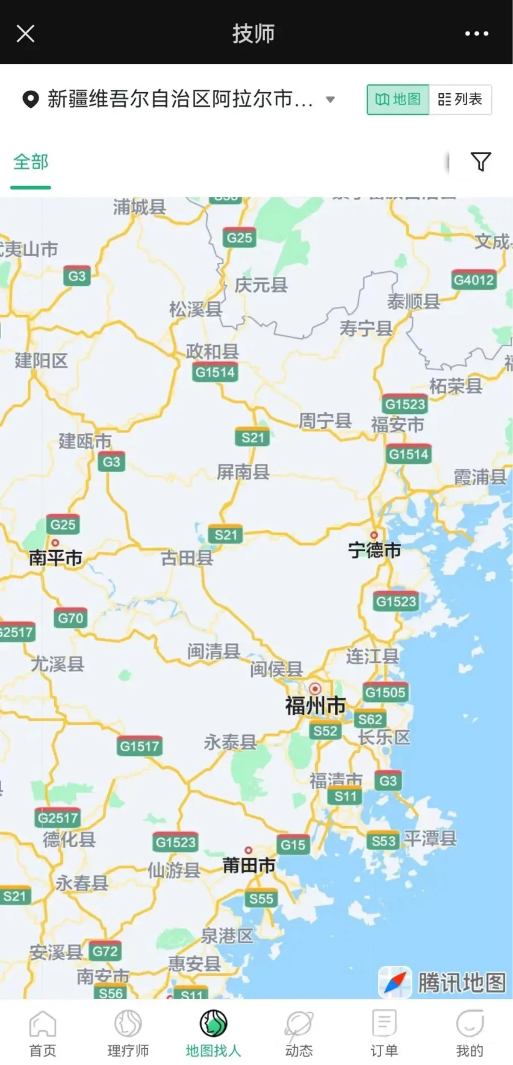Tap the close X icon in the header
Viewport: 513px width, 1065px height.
[x=25, y=33]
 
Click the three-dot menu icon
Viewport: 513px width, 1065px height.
[x=477, y=33]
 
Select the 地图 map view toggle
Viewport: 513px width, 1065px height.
[x=398, y=99]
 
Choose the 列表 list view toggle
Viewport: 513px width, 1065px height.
[x=460, y=99]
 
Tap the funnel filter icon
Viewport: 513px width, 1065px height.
[x=481, y=161]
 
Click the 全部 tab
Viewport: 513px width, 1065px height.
[x=31, y=162]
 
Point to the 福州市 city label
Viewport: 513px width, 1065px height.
[x=315, y=705]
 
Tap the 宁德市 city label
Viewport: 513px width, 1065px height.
[x=374, y=550]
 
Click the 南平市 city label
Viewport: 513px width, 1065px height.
[x=56, y=558]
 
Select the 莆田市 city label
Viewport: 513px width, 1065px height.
[x=249, y=866]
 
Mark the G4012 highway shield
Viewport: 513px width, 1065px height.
[x=474, y=280]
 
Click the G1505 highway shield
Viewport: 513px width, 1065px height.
[x=385, y=692]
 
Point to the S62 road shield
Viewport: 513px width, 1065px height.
[x=370, y=720]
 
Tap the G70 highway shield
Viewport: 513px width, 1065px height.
[x=71, y=618]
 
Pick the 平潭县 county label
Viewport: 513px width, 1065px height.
[x=430, y=839]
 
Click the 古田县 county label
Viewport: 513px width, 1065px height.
[x=187, y=558]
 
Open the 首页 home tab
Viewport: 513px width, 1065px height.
[x=43, y=1033]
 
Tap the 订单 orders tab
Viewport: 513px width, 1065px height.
[x=384, y=1033]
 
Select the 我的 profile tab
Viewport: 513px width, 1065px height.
[x=469, y=1033]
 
